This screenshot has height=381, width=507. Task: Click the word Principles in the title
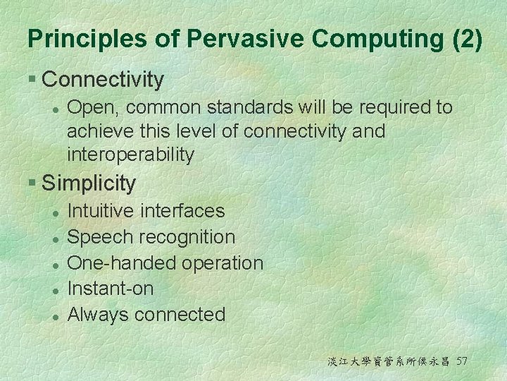pyautogui.click(x=87, y=39)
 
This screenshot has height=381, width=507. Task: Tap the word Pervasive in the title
pyautogui.click(x=245, y=38)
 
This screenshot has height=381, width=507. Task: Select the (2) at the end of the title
pyautogui.click(x=468, y=39)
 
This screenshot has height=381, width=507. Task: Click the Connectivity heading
pyautogui.click(x=103, y=79)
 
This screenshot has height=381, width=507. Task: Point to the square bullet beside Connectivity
pyautogui.click(x=32, y=78)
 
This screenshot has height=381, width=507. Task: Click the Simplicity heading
pyautogui.click(x=89, y=183)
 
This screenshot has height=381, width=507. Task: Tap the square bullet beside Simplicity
pyautogui.click(x=32, y=182)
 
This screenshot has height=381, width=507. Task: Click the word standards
pyautogui.click(x=250, y=107)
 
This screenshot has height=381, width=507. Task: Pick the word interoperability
pyautogui.click(x=131, y=155)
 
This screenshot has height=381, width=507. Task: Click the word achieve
pyautogui.click(x=100, y=131)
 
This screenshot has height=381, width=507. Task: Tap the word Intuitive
pyautogui.click(x=100, y=210)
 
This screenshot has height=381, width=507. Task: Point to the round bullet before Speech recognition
pyautogui.click(x=56, y=239)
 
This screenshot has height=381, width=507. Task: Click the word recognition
pyautogui.click(x=187, y=238)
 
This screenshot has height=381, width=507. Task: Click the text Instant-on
pyautogui.click(x=111, y=289)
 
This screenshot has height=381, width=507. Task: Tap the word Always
pyautogui.click(x=97, y=315)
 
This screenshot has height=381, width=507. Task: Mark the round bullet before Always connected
pyautogui.click(x=56, y=317)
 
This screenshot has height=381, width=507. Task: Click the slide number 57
pyautogui.click(x=461, y=361)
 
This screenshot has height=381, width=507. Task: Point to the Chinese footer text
pyautogui.click(x=389, y=361)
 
